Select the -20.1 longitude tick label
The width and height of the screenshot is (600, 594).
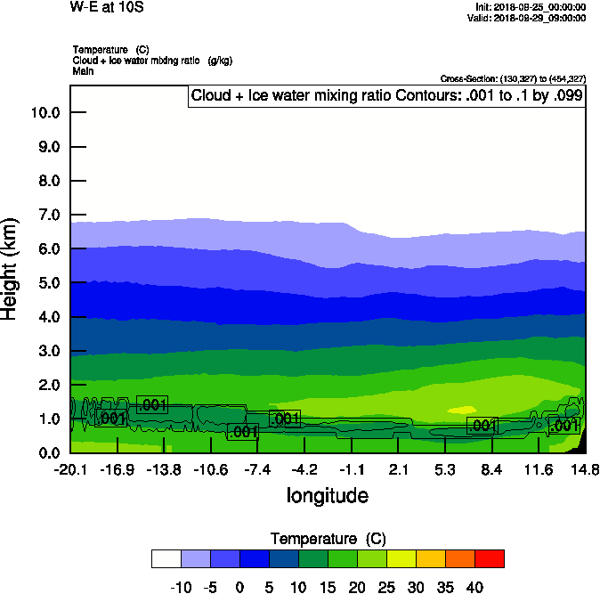click(x=69, y=469)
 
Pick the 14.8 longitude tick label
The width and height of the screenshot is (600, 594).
click(x=584, y=469)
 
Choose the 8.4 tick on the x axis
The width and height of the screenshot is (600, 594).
click(x=491, y=469)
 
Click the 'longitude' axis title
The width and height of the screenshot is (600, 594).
click(x=327, y=495)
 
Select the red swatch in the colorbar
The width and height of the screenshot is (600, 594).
click(x=490, y=558)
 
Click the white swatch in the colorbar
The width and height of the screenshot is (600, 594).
click(x=166, y=558)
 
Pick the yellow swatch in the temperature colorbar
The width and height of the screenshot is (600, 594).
click(x=401, y=558)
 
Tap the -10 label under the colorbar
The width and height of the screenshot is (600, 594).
click(x=182, y=588)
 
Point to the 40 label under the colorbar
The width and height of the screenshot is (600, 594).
click(x=474, y=588)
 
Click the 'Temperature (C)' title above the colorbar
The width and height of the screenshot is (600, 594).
click(x=328, y=539)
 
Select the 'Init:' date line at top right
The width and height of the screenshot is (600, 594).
click(x=531, y=7)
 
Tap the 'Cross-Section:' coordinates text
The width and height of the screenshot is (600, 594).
click(x=513, y=78)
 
